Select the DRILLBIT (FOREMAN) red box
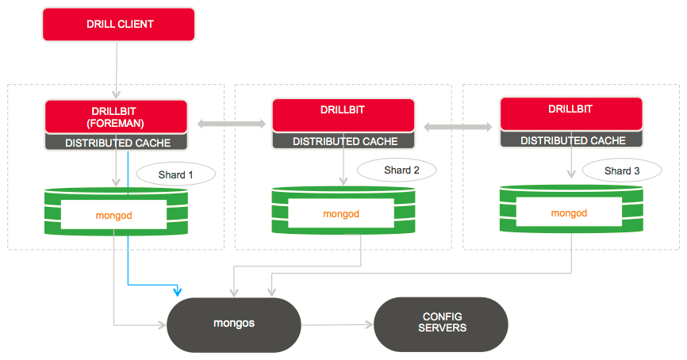coord(117,117)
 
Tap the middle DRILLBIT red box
coord(343,116)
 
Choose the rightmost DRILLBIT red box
coord(570,114)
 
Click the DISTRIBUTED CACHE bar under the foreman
coord(117,143)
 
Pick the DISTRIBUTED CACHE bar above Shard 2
coord(343,141)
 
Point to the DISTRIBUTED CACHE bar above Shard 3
coord(570,140)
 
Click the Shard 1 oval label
coord(175,174)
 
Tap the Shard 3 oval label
coord(621,170)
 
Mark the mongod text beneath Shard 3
coord(569,213)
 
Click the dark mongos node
coord(233,324)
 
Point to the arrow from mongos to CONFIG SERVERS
coord(337,324)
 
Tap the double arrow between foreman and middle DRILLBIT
coord(231,123)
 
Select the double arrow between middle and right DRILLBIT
coord(457,126)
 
